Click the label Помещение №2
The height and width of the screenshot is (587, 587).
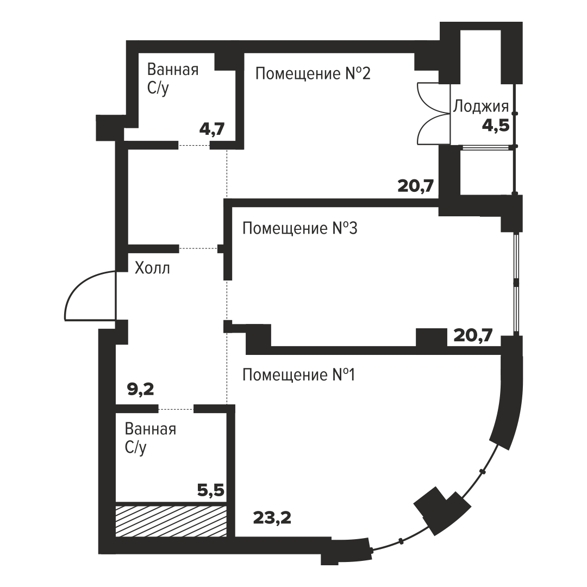(x=313, y=73)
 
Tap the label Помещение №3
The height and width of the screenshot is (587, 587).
(x=300, y=228)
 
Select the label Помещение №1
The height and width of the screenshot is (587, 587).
(x=299, y=374)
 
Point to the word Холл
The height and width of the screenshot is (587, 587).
(x=152, y=268)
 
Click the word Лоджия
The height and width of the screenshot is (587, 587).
(x=481, y=107)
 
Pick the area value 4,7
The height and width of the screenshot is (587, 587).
(x=212, y=129)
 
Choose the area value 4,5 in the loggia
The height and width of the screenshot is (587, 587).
(x=496, y=125)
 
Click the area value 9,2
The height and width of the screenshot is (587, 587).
(x=140, y=390)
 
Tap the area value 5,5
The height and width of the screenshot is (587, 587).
(x=211, y=490)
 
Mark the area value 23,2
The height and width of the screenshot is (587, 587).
(x=272, y=518)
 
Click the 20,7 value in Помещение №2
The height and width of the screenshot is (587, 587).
(x=416, y=186)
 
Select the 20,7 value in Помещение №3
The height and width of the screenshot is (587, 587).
(x=473, y=335)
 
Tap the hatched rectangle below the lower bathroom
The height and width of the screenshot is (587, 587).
(x=171, y=521)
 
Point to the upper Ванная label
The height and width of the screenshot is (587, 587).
(x=173, y=70)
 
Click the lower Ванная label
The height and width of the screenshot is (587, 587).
(x=151, y=429)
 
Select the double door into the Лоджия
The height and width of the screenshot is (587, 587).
(x=434, y=113)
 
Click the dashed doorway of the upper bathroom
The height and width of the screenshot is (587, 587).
(x=194, y=145)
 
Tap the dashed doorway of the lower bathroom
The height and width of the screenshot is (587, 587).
(x=176, y=410)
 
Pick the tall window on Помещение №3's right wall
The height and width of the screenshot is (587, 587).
(x=516, y=283)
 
